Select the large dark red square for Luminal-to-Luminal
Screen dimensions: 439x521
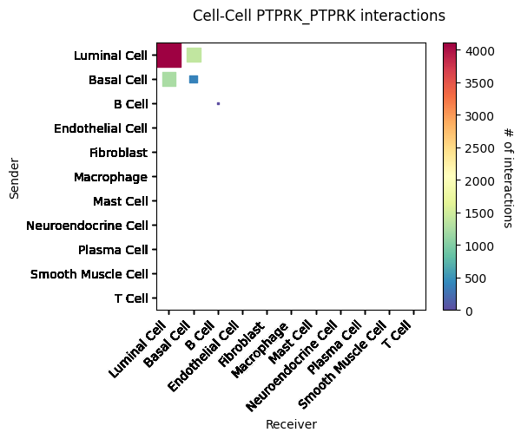169,55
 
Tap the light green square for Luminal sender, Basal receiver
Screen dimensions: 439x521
194,56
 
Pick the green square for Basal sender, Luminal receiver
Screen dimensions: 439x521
169,80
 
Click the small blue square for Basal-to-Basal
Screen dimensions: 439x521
194,80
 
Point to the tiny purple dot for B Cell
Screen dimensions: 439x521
218,103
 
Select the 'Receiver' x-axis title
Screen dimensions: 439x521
291,424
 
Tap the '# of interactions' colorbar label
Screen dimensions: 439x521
508,176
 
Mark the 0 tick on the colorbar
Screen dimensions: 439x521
481,311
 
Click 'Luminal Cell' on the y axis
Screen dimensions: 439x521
112,56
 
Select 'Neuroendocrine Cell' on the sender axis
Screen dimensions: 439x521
88,226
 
